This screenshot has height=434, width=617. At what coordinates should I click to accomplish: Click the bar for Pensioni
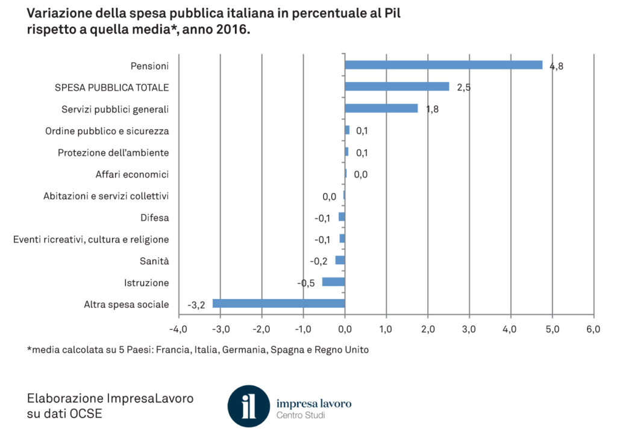[443, 65]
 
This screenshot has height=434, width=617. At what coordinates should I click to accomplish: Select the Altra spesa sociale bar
[278, 303]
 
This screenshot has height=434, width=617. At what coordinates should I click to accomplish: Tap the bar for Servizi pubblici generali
[381, 108]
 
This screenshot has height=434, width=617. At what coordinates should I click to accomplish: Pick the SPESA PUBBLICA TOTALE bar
[396, 87]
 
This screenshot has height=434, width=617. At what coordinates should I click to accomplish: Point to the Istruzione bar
[333, 282]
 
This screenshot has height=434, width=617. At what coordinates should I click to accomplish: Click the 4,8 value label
[556, 66]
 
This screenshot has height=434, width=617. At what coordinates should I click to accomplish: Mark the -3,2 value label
[196, 305]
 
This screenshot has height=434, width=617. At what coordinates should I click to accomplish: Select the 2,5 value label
[463, 88]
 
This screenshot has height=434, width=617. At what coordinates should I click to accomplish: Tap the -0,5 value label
[307, 283]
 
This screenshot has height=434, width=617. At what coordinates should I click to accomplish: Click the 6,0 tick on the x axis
[594, 329]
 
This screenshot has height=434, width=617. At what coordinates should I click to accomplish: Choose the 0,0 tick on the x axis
[345, 329]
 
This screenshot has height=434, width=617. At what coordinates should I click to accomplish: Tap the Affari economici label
[132, 175]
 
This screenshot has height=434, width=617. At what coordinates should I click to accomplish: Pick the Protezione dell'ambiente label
[113, 153]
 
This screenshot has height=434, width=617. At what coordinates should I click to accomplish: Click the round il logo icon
[248, 406]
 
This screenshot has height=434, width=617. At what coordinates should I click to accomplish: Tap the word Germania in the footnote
[242, 350]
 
